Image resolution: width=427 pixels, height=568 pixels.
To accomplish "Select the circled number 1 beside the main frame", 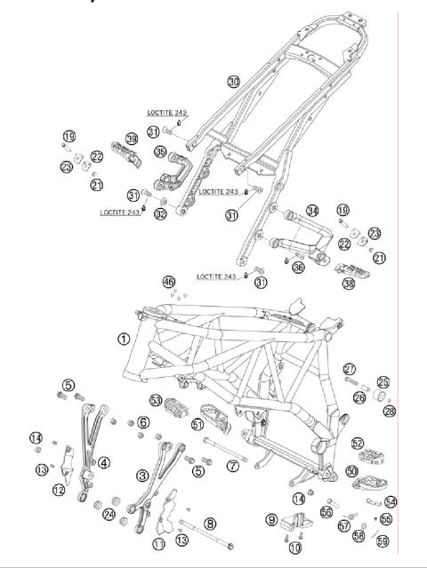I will click(x=124, y=339).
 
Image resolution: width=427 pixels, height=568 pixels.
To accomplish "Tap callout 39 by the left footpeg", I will click(x=131, y=140).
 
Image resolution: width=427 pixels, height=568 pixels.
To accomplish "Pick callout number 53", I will click(x=156, y=402).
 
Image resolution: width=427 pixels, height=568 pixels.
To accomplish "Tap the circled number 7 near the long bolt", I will click(x=232, y=466).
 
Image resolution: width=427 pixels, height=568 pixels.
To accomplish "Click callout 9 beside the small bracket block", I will click(x=271, y=518).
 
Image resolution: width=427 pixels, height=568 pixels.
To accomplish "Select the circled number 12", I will click(x=58, y=489).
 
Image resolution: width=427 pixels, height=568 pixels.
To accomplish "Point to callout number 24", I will click(x=109, y=514).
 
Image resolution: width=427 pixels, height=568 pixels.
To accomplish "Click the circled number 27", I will click(x=350, y=369).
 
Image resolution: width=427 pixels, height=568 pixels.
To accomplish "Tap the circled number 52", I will click(x=359, y=443).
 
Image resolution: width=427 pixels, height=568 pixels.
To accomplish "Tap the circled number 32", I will click(x=160, y=214).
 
